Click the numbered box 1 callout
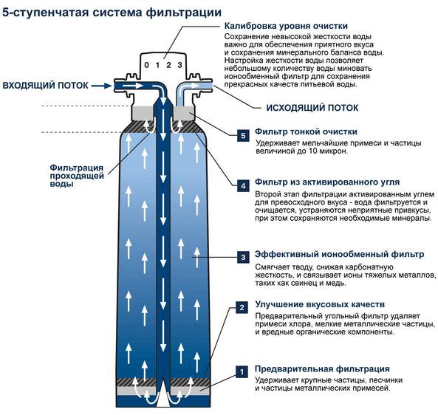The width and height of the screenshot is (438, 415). click(x=242, y=371)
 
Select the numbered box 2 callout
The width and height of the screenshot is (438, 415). click(x=242, y=307)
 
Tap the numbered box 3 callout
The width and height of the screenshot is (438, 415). click(x=243, y=257)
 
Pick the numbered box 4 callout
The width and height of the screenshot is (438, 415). click(x=243, y=186)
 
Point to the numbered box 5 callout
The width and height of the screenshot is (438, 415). click(x=243, y=136)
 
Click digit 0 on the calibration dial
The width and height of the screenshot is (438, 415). click(x=147, y=65)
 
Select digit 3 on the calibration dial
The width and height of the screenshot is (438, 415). click(x=179, y=65)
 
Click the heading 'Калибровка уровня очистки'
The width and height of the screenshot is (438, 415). click(x=286, y=26)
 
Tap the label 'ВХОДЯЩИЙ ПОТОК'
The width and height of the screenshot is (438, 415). click(x=45, y=85)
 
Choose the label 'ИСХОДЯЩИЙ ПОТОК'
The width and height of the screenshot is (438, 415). click(x=312, y=108)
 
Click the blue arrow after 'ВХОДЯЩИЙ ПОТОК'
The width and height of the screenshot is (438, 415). click(x=102, y=86)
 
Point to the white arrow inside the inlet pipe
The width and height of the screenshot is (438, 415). click(x=133, y=85)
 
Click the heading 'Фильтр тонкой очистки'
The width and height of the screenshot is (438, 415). click(x=306, y=131)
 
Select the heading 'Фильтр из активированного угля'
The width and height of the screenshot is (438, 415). click(x=327, y=182)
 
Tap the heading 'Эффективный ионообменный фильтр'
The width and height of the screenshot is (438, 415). click(x=339, y=255)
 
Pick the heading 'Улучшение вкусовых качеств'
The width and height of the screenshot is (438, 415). click(x=320, y=304)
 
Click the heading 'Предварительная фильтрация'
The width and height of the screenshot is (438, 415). click(x=322, y=368)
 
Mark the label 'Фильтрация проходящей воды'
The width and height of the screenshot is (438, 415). click(x=77, y=176)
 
